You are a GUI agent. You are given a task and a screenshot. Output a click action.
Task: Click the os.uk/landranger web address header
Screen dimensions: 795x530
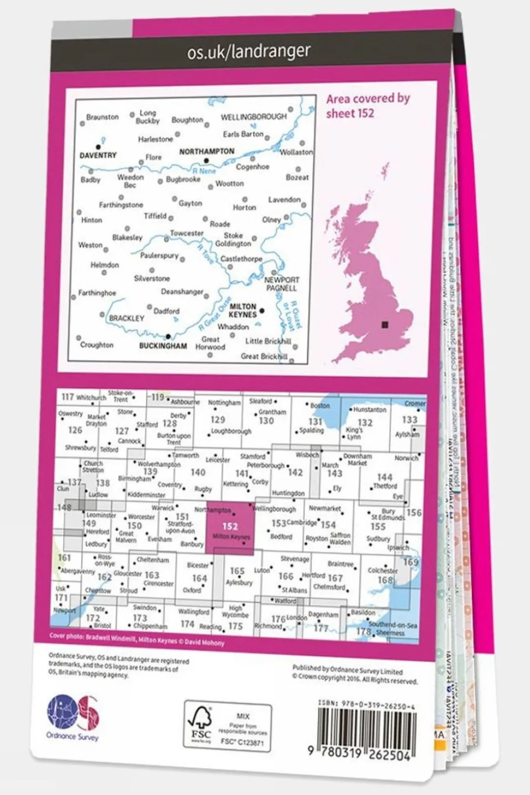(248, 52)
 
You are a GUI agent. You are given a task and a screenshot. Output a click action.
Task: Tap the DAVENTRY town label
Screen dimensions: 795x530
(98, 155)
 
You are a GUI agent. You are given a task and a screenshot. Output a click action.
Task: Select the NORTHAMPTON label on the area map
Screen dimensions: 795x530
(207, 151)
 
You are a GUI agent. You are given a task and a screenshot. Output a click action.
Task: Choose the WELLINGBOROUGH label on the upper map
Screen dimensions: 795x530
(254, 117)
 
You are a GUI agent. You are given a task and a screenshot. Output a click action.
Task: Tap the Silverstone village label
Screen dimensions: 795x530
(152, 278)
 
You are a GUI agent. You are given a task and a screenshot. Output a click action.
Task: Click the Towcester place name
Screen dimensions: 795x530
(186, 233)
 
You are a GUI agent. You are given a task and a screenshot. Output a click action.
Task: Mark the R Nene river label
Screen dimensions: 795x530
(204, 171)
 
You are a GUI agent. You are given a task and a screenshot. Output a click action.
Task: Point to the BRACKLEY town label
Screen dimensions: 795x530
(127, 318)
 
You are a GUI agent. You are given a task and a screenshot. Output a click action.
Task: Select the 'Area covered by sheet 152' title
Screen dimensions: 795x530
(368, 106)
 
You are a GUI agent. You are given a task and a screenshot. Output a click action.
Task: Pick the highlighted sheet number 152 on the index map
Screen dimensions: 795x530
(229, 527)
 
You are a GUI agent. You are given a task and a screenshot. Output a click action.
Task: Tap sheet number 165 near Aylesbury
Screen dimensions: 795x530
(237, 571)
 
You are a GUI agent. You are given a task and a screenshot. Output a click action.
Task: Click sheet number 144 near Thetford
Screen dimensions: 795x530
(385, 477)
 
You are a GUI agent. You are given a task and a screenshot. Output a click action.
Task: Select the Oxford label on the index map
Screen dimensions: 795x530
(192, 590)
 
